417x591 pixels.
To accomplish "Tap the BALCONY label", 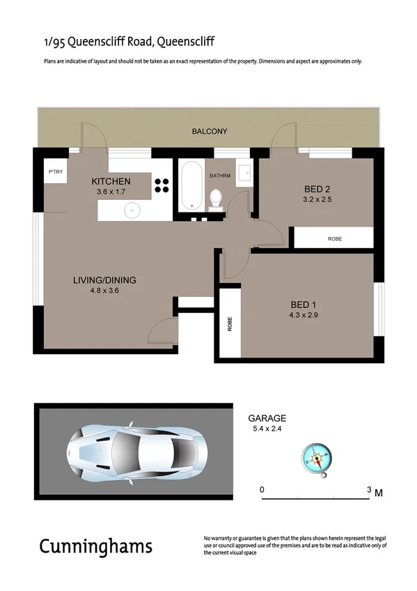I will point(210,131).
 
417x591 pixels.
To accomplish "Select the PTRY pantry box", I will point(55,171).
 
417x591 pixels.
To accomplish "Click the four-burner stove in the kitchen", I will point(162,185).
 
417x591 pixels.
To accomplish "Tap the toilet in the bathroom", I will point(217,199).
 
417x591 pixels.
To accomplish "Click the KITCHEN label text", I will point(111,182).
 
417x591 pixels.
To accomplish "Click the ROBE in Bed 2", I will point(335,238).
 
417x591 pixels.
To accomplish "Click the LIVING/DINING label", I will point(104,280).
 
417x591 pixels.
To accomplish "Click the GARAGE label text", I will point(267,419).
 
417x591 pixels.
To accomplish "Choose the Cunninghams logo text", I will point(95,546).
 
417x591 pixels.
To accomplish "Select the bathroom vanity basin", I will point(244,171).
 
